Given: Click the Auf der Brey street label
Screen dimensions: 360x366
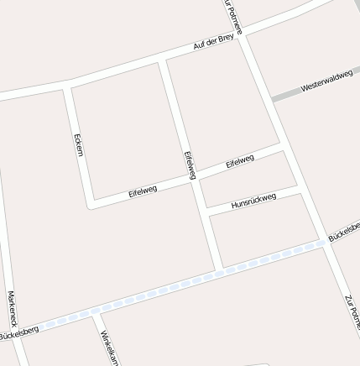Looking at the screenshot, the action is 213,43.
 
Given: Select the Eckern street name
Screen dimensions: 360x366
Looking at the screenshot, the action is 78,144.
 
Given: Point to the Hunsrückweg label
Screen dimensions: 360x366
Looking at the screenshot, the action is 253,201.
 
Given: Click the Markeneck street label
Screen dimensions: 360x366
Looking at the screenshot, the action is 12,308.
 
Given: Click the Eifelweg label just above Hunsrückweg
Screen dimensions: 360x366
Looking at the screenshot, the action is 240,161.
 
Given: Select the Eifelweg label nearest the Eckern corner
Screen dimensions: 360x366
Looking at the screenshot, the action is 143,192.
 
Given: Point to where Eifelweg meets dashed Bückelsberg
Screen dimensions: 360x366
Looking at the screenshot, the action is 220,269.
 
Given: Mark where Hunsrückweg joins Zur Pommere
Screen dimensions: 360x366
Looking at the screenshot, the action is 303,192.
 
